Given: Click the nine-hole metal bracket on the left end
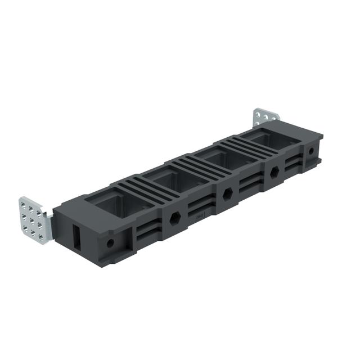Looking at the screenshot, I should coord(34,219).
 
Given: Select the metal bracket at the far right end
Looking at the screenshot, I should coord(265,118).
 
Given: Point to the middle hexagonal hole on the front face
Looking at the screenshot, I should coord(227,193).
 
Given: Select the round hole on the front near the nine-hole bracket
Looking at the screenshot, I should coord(110,243).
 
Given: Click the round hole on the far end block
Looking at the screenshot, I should coord(310,151).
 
